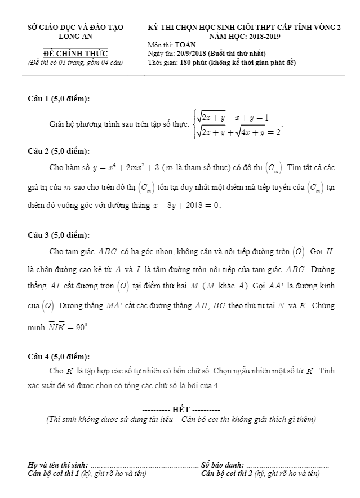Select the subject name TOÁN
click(x=185, y=45)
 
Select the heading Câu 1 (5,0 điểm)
click(x=59, y=99)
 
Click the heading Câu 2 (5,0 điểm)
click(x=59, y=151)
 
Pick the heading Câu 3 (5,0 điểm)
click(x=59, y=235)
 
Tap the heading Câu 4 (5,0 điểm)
click(x=59, y=356)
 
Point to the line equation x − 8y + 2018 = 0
click(x=187, y=205)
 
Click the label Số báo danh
click(x=223, y=465)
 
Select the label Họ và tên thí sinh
click(x=58, y=465)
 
